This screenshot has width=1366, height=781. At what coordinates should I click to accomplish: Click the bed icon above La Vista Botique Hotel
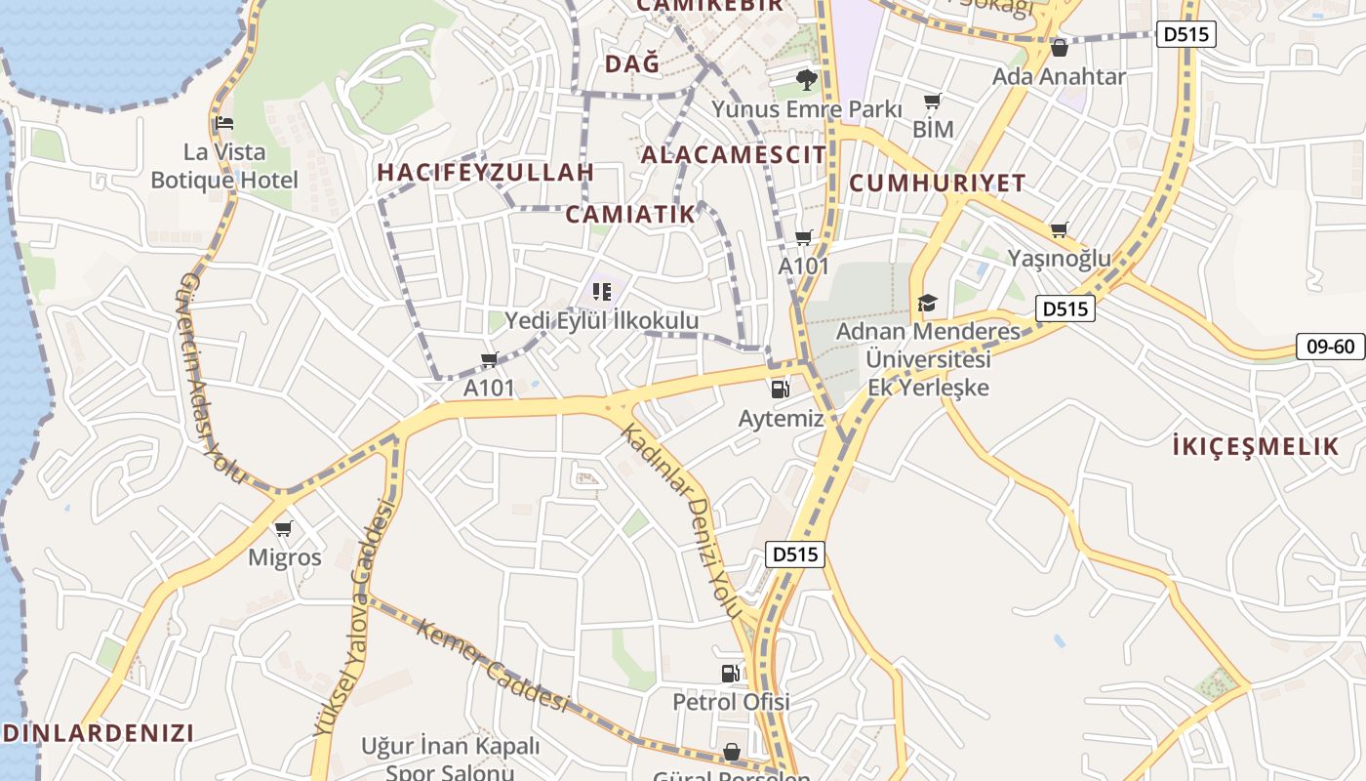point(223,124)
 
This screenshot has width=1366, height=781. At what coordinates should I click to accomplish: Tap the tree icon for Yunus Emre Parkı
point(806,79)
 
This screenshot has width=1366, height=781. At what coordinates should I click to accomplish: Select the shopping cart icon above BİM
point(933,101)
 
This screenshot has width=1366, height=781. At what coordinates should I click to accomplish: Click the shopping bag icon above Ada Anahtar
point(1060,47)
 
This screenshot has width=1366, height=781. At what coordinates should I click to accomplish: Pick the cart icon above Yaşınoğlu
point(1060,230)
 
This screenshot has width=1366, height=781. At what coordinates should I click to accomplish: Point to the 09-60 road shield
point(1330,346)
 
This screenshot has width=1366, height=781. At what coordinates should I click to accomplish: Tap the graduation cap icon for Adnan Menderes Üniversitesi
point(927,304)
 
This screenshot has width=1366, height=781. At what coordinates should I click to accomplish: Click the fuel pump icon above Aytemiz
point(781,390)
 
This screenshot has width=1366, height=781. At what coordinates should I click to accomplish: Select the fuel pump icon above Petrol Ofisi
point(731,673)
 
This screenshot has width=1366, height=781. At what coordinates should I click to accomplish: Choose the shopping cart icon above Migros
point(284,528)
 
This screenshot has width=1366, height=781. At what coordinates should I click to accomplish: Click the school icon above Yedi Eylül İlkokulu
point(602,291)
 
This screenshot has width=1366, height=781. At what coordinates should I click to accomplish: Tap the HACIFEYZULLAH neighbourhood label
point(485,173)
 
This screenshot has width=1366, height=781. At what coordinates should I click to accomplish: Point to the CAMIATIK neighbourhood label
point(630,215)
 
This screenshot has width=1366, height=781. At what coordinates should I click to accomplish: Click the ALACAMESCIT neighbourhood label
point(733,154)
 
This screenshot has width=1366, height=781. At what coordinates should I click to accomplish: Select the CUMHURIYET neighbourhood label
point(937,183)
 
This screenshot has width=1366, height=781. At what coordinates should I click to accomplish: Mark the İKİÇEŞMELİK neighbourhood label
point(1256,447)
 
